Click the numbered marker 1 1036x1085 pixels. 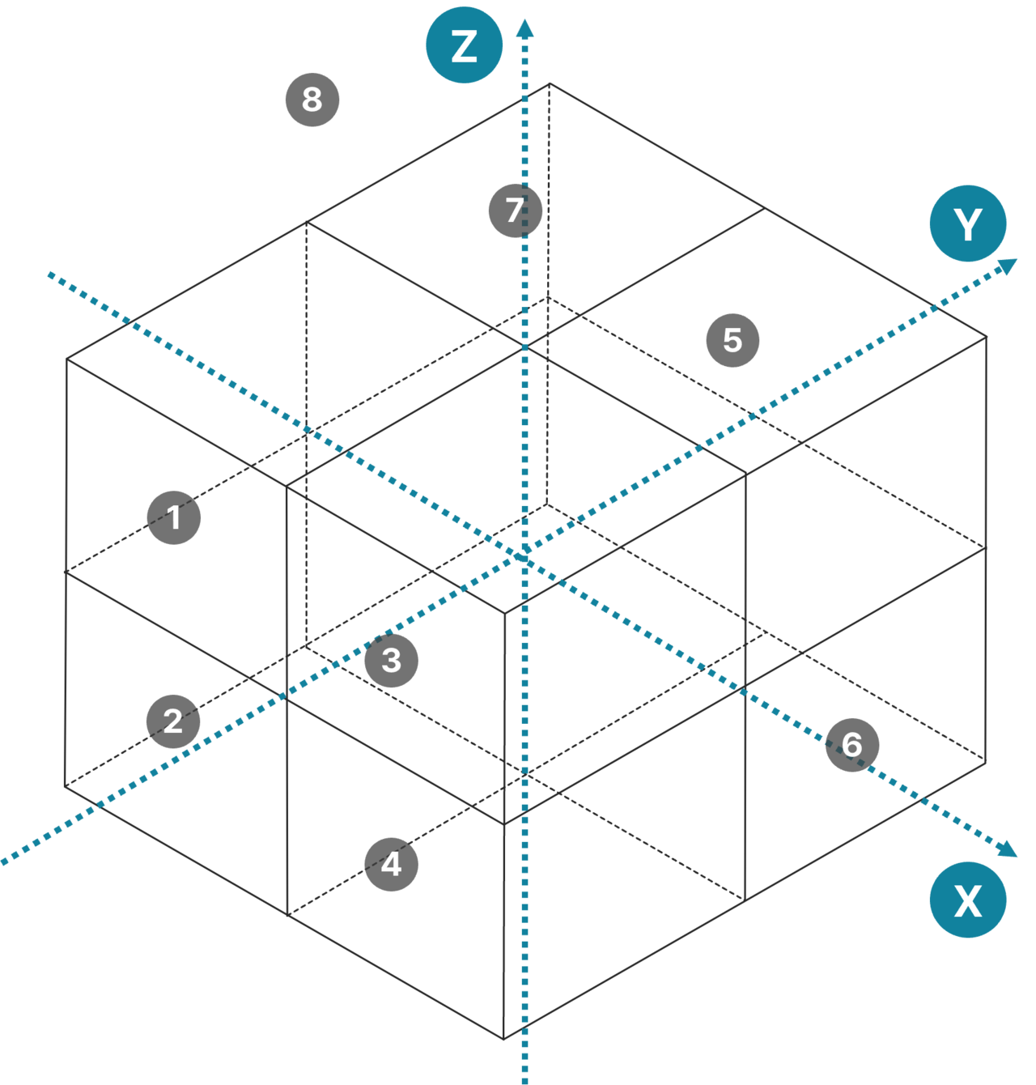(174, 517)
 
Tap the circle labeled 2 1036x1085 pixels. (173, 721)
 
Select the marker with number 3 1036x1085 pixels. (392, 661)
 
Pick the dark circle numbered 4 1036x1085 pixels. (392, 864)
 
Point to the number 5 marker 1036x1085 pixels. (732, 340)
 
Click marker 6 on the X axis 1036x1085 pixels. (852, 744)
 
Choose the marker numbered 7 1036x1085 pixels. (515, 210)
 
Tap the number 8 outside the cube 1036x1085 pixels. (312, 100)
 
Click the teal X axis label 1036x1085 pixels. (968, 900)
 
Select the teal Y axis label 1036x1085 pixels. (968, 223)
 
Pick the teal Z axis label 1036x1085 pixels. (465, 45)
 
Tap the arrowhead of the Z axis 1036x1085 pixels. (525, 28)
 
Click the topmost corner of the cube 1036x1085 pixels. (550, 83)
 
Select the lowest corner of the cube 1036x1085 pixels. (503, 1039)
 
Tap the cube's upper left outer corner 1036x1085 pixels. (67, 358)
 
